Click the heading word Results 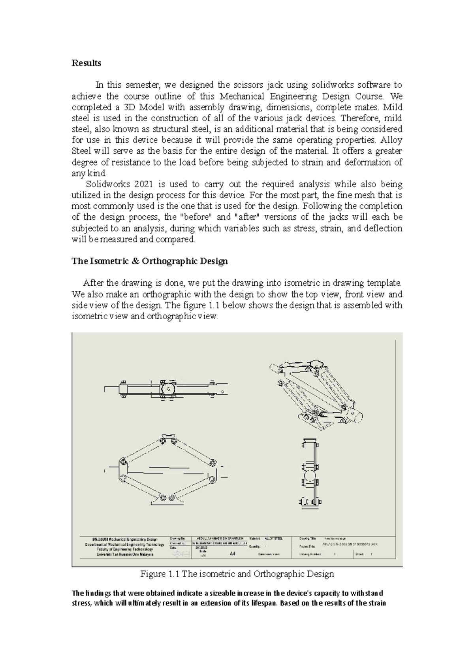click(86, 63)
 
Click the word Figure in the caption click(151, 574)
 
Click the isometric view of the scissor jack click(316, 393)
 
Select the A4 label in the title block click(232, 554)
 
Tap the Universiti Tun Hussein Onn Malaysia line click(125, 554)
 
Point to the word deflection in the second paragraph click(383, 228)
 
